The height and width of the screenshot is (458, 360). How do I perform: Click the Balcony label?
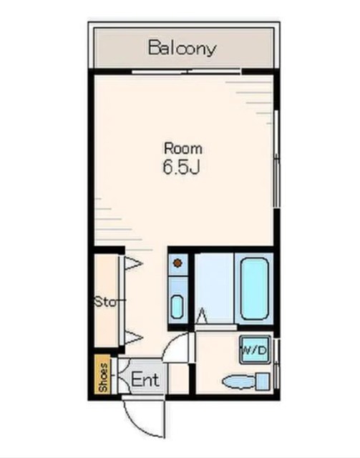pyautogui.click(x=183, y=48)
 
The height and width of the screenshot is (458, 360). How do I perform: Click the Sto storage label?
pyautogui.click(x=107, y=302)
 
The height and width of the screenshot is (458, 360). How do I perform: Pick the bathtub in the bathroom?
pyautogui.click(x=255, y=288)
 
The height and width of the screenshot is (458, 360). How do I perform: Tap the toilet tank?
pyautogui.click(x=263, y=381)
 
